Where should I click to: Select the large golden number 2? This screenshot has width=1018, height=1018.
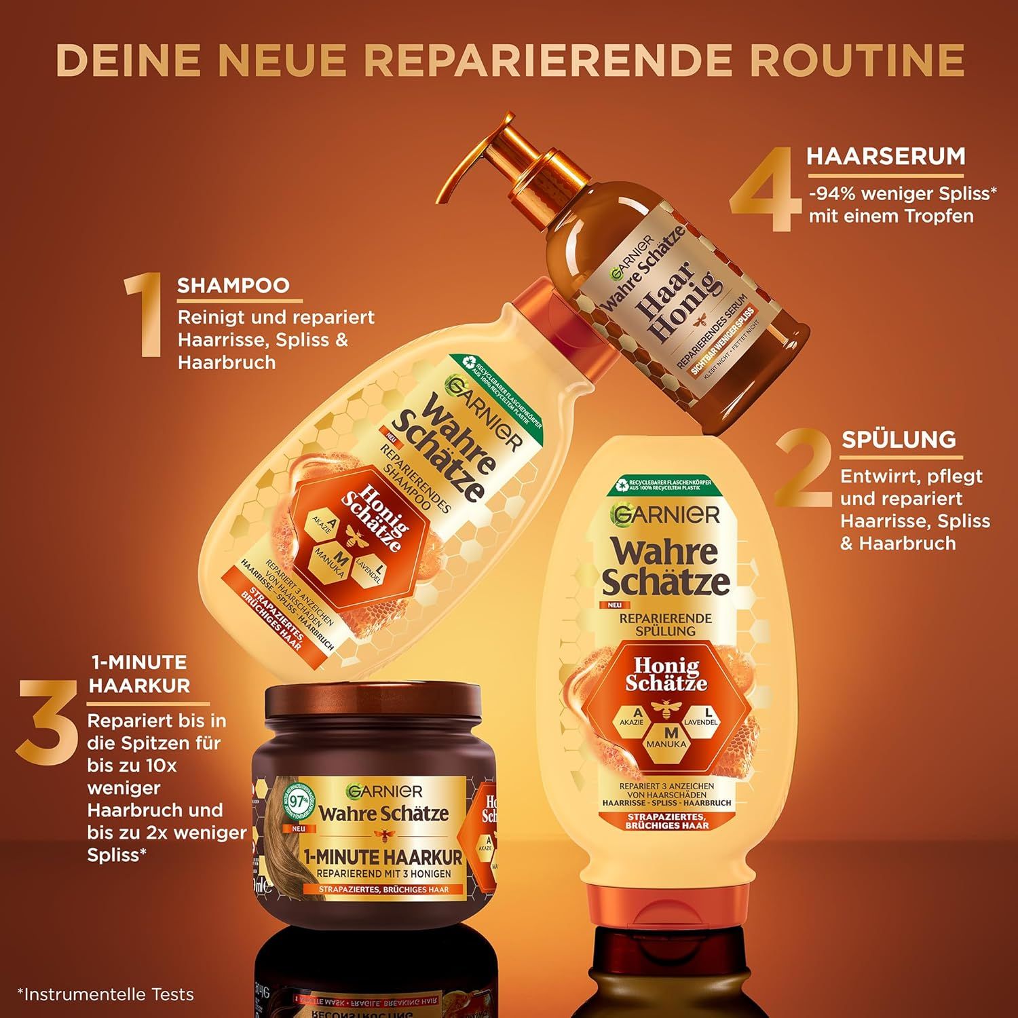(x=804, y=468)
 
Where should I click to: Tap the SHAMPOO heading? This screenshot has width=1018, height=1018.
(x=233, y=285)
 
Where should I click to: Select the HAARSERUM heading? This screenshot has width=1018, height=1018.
(x=886, y=156)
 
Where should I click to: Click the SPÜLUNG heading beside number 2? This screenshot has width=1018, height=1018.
(x=899, y=439)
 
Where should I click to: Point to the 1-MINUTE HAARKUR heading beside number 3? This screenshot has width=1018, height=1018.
(x=139, y=673)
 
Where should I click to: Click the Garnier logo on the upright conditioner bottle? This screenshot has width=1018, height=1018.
(x=665, y=514)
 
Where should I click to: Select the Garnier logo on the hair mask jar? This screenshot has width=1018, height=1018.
(x=384, y=791)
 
